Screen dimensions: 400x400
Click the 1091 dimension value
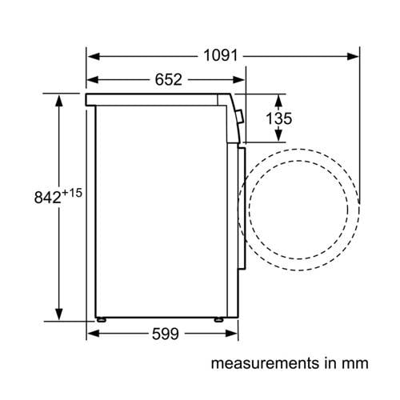click(220, 56)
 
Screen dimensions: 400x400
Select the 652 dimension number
click(169, 79)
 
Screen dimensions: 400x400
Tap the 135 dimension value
click(279, 118)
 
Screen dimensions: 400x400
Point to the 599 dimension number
click(166, 334)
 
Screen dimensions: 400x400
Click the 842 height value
click(48, 198)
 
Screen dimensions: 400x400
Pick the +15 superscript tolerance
click(72, 193)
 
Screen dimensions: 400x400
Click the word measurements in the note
click(265, 363)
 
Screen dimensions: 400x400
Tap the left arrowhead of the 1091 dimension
click(94, 56)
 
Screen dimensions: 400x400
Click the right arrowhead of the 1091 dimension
click(353, 56)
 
